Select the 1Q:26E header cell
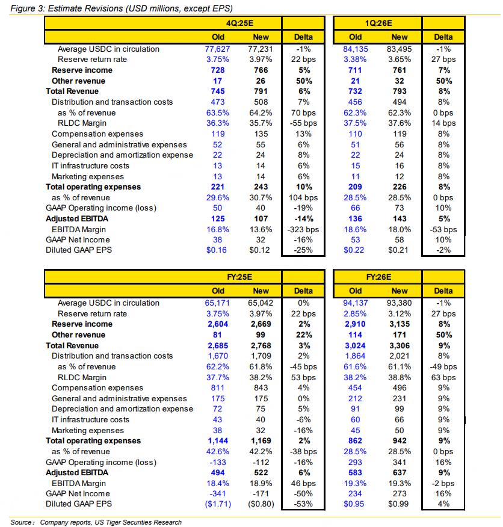[x=379, y=23]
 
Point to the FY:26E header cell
[x=379, y=277]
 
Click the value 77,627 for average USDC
[x=218, y=49]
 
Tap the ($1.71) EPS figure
[x=217, y=504]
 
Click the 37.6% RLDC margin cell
[x=400, y=123]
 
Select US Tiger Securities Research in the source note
[x=141, y=522]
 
